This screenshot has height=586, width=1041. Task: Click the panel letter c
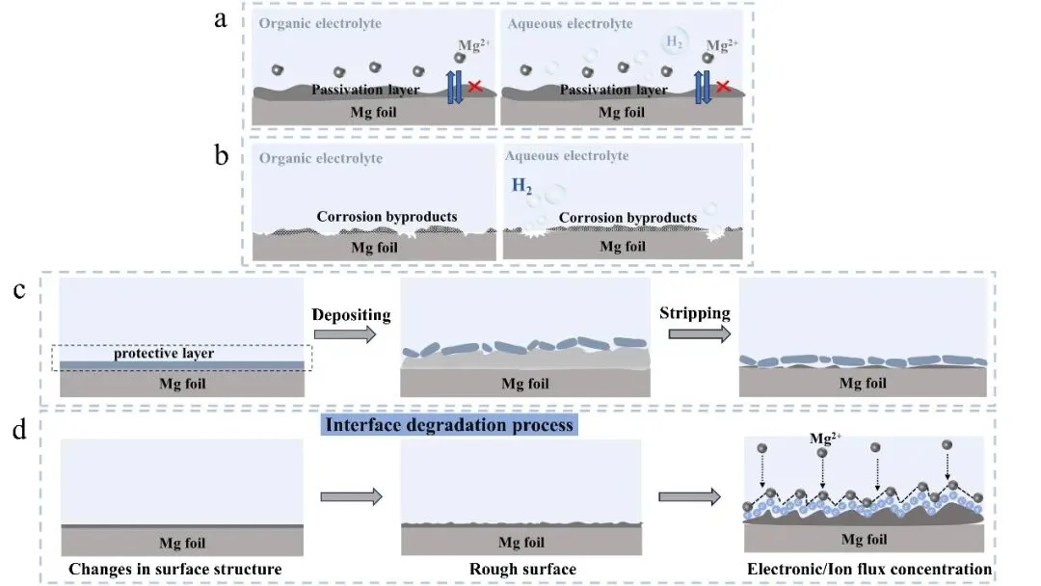(x=19, y=290)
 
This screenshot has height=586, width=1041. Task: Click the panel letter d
(x=19, y=429)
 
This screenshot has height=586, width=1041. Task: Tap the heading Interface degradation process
(x=449, y=424)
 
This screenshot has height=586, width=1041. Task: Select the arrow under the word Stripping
(x=694, y=333)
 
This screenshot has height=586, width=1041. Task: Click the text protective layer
(x=163, y=353)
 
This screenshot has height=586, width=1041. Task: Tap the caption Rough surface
(x=522, y=570)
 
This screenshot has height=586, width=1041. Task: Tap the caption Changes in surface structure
(x=174, y=570)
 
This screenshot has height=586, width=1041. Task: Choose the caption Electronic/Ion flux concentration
(x=868, y=570)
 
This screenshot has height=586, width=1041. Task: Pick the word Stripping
(x=694, y=313)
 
